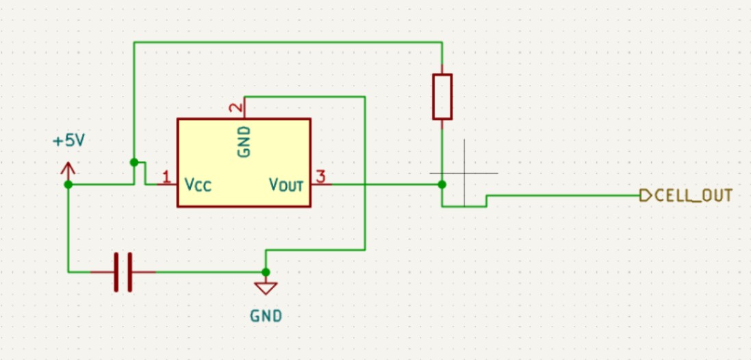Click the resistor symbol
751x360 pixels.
pos(442,97)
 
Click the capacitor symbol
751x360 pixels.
pos(123,272)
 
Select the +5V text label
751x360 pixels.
pos(68,141)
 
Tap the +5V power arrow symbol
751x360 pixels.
pos(68,169)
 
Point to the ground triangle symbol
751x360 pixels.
pos(266,287)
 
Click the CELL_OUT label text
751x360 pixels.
pos(693,196)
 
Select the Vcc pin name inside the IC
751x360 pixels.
pos(198,185)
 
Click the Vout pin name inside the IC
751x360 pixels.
pos(286,185)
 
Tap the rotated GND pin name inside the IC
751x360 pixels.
pos(244,142)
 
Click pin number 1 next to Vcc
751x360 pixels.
pos(166,178)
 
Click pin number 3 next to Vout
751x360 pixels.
pos(320,178)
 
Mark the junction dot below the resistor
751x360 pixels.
pos(442,184)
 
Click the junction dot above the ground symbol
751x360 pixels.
pos(266,272)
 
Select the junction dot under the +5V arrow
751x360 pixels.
pos(68,184)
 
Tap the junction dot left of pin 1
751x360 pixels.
pos(134,162)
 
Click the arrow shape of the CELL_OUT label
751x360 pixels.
pos(644,196)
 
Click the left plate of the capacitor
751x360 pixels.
pos(117,272)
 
